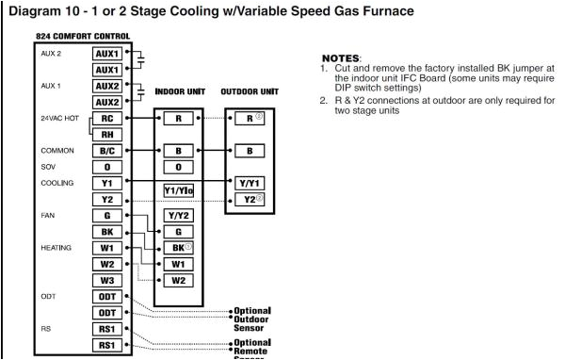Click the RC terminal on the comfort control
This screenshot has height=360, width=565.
111,120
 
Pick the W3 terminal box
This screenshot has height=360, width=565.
111,279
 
